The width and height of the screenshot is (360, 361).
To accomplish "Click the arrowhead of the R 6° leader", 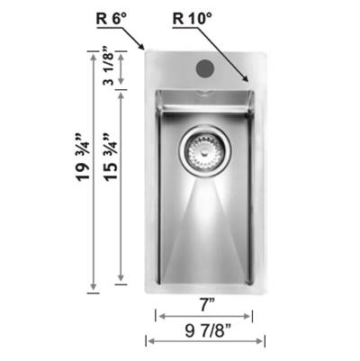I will (x=143, y=48).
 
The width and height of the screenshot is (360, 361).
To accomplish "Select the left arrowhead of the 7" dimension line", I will (x=157, y=315).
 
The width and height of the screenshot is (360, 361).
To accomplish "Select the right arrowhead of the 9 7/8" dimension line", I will (x=263, y=340).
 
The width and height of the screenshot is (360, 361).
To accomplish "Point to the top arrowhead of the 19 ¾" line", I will (x=92, y=52).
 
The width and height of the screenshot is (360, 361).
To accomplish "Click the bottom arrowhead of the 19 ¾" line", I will (x=92, y=290).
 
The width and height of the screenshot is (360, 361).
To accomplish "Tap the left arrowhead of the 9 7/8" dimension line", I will (x=148, y=340).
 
